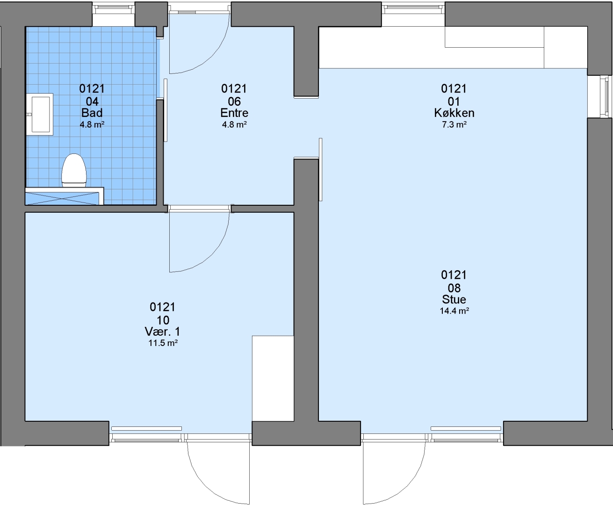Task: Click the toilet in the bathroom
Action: click(74, 170)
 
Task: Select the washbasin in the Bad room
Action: click(40, 114)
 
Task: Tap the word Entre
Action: click(234, 113)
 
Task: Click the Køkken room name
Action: click(454, 113)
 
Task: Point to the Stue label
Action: click(454, 299)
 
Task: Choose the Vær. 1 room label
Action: click(163, 332)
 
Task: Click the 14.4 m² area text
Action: click(454, 310)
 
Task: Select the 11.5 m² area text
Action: click(163, 343)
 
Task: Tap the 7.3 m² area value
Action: click(454, 124)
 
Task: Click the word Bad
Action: click(92, 113)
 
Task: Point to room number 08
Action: click(454, 288)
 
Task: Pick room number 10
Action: click(163, 320)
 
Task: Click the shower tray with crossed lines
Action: click(62, 198)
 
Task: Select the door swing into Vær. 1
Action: click(212, 255)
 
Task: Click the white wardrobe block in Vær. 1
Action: click(273, 378)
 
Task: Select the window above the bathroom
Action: click(114, 8)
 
